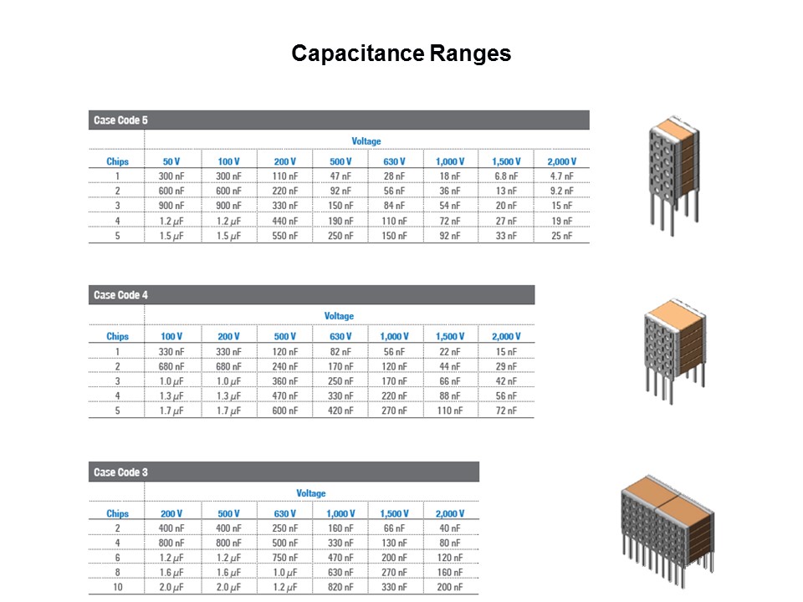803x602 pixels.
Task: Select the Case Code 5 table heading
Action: (121, 120)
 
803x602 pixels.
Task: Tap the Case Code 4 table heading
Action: (121, 295)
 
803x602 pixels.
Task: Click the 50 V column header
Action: (171, 161)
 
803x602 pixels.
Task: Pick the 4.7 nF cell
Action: (561, 176)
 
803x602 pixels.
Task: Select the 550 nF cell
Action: (285, 237)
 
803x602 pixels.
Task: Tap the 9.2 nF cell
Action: (561, 191)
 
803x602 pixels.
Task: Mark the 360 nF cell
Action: (285, 381)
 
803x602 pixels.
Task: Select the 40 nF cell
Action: (449, 528)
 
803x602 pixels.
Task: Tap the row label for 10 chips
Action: (118, 589)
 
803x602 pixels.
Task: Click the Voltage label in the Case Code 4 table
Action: (339, 316)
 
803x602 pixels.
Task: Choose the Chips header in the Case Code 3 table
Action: (118, 513)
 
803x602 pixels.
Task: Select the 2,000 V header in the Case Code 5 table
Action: (561, 161)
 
